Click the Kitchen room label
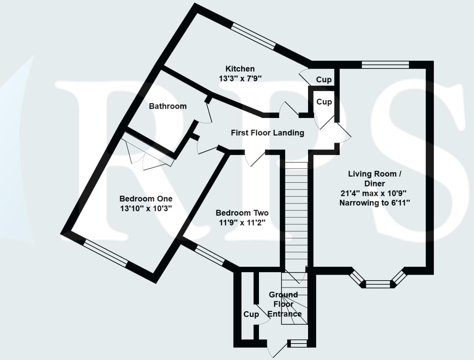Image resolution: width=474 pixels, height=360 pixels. point(240,69)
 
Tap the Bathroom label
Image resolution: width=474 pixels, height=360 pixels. point(168,106)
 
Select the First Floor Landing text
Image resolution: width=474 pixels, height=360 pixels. point(267,133)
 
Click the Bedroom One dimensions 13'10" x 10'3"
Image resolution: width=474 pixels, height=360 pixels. point(146,208)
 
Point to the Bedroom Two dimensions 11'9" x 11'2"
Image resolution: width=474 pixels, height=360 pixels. point(242,223)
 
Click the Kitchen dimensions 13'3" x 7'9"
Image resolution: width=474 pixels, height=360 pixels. point(240,78)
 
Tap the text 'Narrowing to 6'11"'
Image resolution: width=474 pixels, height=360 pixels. point(374,203)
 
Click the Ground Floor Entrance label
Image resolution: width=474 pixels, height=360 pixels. point(284,304)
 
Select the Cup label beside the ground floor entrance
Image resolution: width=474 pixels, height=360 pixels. point(251,314)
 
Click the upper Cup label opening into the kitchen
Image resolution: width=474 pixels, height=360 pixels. point(324,80)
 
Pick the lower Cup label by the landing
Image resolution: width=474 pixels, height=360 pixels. point(324,102)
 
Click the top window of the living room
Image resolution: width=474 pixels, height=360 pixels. point(385,65)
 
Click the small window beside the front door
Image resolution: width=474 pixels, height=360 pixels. point(297,343)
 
